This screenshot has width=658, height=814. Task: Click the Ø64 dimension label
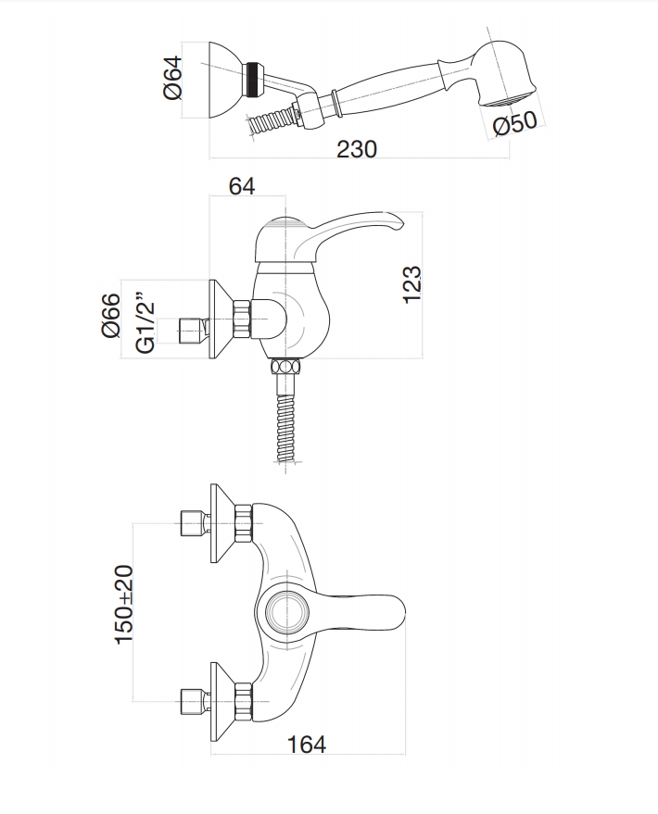[x=172, y=80]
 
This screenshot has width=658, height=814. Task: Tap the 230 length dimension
[x=356, y=150]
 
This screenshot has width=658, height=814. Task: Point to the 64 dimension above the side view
[x=241, y=185]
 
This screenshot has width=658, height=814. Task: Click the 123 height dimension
[x=412, y=283]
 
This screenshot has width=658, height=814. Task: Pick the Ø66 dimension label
[x=110, y=316]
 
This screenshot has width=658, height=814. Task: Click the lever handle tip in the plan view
[x=394, y=610]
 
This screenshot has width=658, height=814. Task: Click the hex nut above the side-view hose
[x=285, y=366]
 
